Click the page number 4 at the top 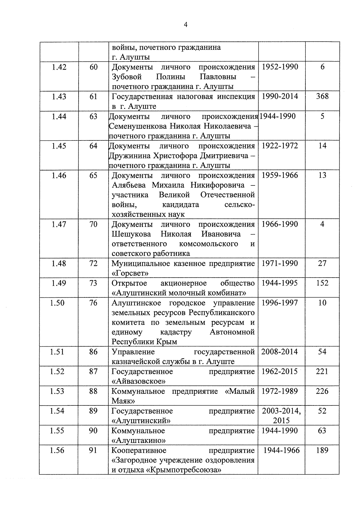[185, 25]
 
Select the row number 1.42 [59, 67]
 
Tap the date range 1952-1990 [280, 67]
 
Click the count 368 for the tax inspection [322, 96]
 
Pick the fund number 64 [94, 146]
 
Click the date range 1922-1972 [280, 146]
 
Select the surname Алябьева [129, 185]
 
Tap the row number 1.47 [59, 224]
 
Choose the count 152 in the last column [322, 283]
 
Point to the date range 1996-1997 [280, 303]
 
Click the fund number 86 [93, 352]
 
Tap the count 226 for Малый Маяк [322, 391]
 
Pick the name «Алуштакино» [139, 440]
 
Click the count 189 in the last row [322, 450]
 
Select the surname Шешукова [131, 234]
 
